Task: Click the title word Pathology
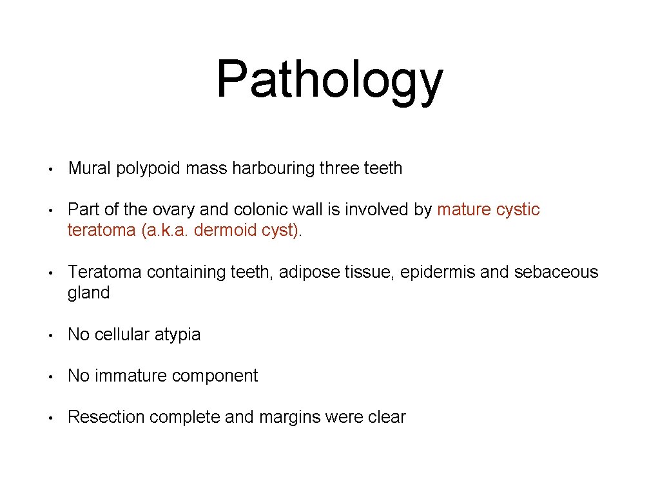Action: pyautogui.click(x=329, y=81)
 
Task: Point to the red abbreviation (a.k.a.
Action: pyautogui.click(x=161, y=231)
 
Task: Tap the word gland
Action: pyautogui.click(x=89, y=293)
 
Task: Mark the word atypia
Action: pyautogui.click(x=177, y=335)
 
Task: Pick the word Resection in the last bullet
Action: pyautogui.click(x=106, y=418)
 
